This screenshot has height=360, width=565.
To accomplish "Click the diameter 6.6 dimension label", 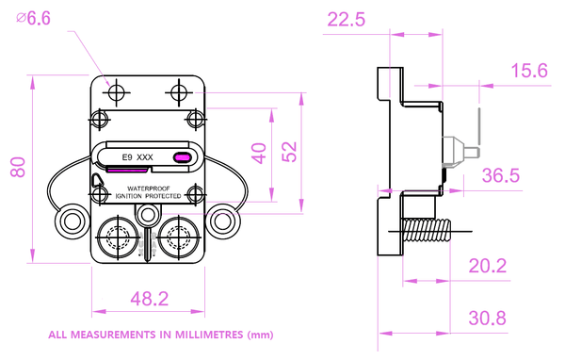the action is point(33,19).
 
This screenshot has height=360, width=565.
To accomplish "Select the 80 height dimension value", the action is point(18,167).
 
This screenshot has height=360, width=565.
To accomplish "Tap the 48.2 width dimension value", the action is point(150,299).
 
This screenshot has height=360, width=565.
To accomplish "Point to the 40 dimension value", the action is point(259,154).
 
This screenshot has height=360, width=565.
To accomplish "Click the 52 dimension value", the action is point(289,152).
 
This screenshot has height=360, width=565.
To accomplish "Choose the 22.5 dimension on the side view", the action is point(346,20).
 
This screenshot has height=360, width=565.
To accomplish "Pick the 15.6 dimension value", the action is point(529,71).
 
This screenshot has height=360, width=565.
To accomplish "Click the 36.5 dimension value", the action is point(501,175).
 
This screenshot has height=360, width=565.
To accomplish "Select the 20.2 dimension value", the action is point(488,266).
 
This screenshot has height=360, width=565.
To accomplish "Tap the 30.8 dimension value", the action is point(487,319).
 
